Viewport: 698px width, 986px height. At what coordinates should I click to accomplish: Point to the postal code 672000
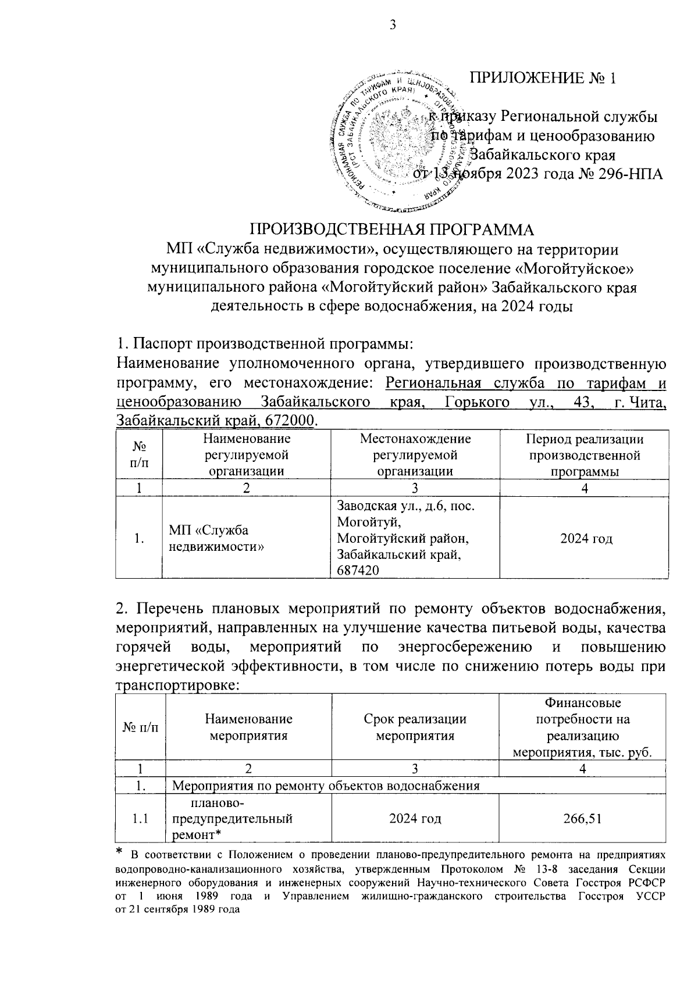(291, 420)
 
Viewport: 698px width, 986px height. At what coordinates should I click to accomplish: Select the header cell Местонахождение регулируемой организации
(415, 455)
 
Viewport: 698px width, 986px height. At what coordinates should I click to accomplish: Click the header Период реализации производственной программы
(585, 455)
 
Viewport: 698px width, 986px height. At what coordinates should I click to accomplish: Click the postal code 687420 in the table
(358, 571)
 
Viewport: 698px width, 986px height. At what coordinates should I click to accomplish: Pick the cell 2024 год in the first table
(586, 539)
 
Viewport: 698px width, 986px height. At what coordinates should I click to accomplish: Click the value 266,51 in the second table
(585, 819)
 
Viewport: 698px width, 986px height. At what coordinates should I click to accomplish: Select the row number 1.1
(140, 819)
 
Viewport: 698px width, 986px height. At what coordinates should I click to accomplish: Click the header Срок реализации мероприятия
(415, 727)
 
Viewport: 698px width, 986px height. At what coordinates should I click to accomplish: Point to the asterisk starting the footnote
(119, 852)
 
